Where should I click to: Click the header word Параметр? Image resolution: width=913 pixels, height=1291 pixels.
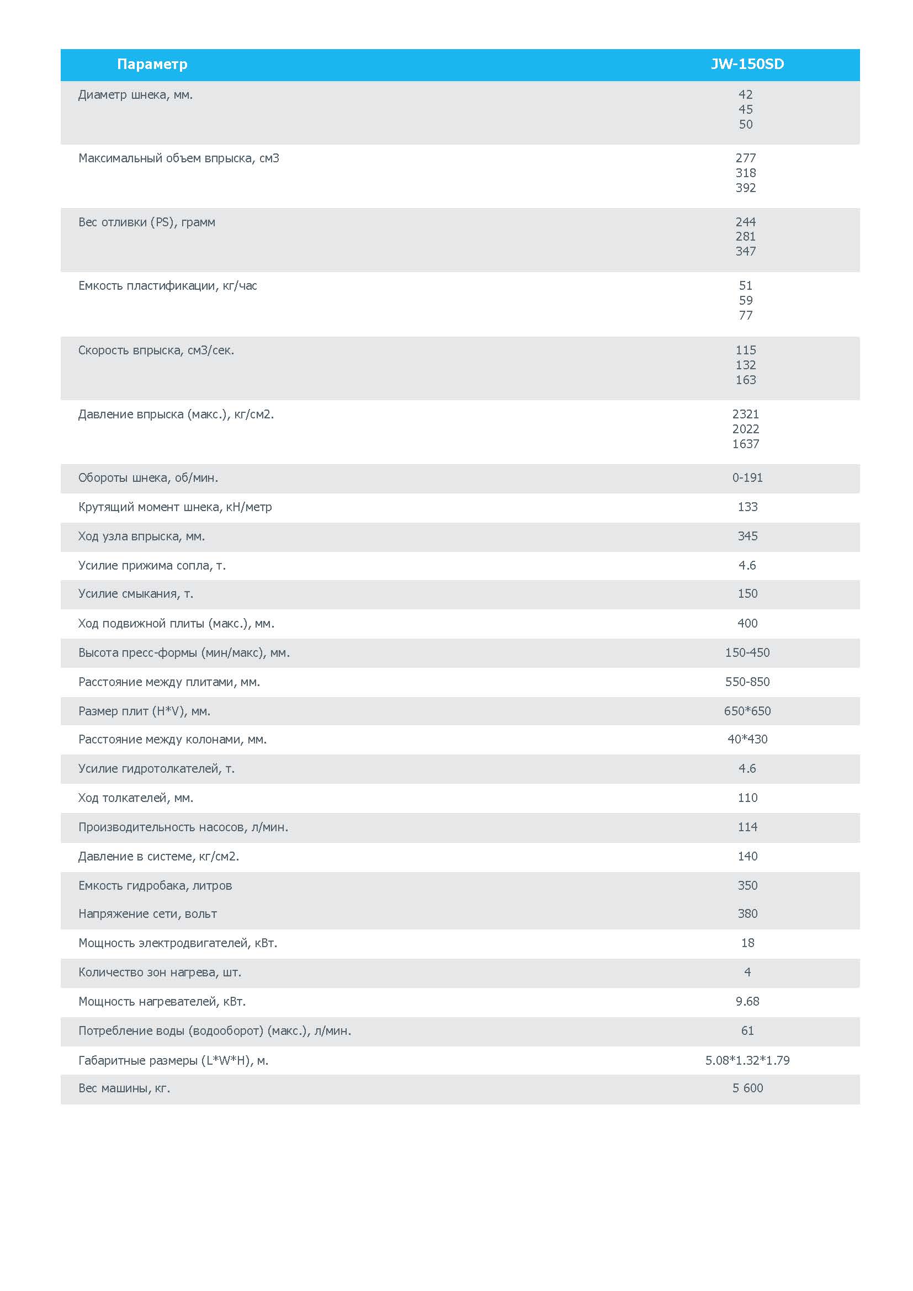(152, 64)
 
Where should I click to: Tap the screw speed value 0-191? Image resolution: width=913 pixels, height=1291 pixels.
(747, 478)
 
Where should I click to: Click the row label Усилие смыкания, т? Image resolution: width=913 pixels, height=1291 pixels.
(135, 594)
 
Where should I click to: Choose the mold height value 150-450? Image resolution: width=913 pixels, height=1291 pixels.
(747, 653)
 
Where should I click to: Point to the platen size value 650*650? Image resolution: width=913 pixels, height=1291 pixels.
(747, 711)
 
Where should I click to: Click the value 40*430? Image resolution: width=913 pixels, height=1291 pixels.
(747, 740)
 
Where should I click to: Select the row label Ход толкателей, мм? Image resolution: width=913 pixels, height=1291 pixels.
(135, 798)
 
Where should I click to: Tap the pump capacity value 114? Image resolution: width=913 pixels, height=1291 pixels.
(747, 827)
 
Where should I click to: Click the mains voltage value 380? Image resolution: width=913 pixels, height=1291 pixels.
(747, 913)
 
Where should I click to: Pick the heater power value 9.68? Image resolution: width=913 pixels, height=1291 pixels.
(747, 1001)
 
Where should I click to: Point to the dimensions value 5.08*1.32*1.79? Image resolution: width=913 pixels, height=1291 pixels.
(747, 1060)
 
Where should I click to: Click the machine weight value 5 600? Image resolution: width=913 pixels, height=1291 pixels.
(747, 1088)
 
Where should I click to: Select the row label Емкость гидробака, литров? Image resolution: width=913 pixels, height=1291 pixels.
(155, 885)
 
